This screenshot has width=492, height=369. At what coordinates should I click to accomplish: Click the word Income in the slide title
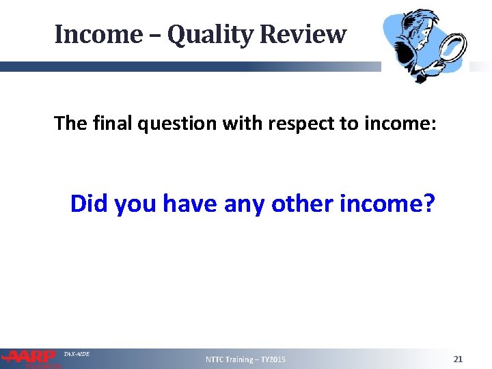[x=96, y=34]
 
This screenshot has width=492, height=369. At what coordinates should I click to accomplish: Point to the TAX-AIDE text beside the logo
[x=77, y=354]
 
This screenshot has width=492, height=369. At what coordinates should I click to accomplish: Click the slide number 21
[x=458, y=359]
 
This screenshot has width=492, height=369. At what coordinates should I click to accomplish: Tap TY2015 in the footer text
[x=273, y=359]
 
